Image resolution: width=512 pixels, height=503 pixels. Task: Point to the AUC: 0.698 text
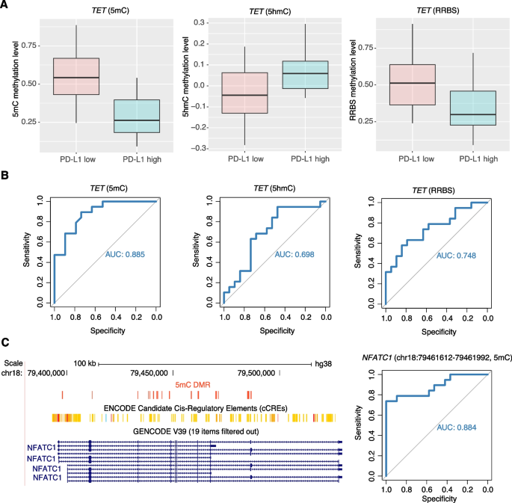295,254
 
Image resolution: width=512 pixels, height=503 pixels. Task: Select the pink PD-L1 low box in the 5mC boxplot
75,76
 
